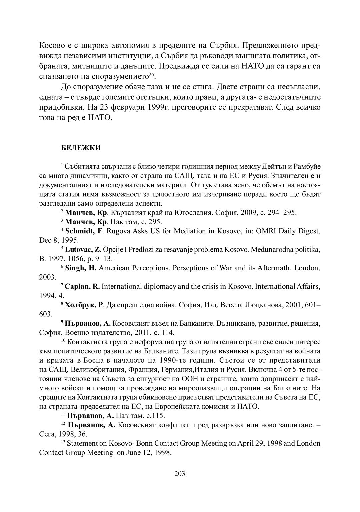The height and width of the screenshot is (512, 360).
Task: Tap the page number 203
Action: [x=180, y=473]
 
